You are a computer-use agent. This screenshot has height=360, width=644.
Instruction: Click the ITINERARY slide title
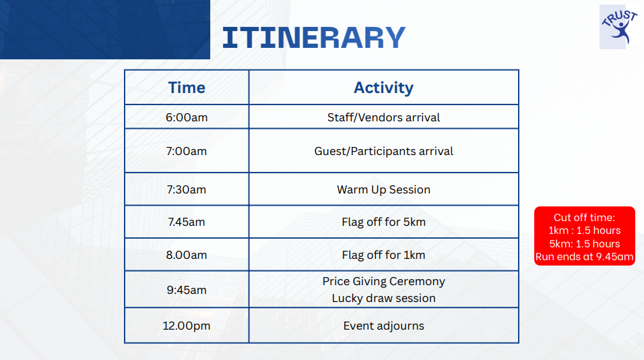click(x=314, y=37)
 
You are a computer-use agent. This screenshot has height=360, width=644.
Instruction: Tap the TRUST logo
click(x=618, y=27)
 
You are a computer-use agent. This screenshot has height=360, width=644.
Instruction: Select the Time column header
click(x=187, y=88)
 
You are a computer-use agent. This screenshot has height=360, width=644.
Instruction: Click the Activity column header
click(x=383, y=88)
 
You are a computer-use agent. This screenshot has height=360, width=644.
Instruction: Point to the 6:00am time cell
click(x=187, y=117)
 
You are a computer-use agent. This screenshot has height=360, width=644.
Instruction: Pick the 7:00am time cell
click(x=187, y=151)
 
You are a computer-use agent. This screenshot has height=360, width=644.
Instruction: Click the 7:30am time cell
click(x=187, y=189)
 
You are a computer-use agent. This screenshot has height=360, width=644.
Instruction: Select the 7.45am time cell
click(x=187, y=222)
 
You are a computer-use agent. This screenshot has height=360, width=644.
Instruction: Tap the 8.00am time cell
click(x=187, y=255)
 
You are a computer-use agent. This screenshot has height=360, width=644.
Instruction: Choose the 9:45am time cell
click(x=187, y=290)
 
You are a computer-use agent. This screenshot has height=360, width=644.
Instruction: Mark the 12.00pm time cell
click(x=187, y=326)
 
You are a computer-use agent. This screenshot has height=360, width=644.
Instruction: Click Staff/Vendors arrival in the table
click(x=383, y=117)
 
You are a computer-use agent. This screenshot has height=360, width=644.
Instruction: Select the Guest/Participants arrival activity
click(x=383, y=151)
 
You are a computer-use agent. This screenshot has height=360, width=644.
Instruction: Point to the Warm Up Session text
click(x=383, y=189)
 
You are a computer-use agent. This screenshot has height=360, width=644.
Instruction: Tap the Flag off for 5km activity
click(x=383, y=222)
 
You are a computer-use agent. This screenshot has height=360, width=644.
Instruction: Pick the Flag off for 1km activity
click(x=383, y=255)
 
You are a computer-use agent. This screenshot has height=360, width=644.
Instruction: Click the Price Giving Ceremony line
click(x=383, y=282)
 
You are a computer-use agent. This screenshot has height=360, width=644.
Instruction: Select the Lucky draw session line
click(x=383, y=298)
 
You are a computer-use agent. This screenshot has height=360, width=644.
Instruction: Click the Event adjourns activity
click(x=383, y=326)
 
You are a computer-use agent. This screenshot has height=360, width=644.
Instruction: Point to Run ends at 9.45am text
click(x=585, y=257)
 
